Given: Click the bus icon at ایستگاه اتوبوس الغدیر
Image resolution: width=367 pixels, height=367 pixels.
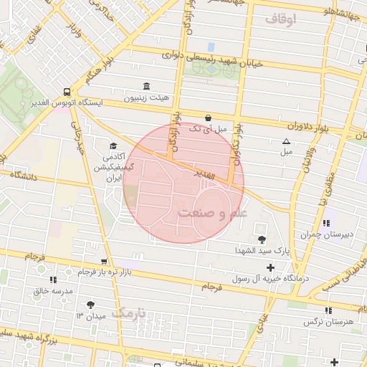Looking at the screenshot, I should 66,92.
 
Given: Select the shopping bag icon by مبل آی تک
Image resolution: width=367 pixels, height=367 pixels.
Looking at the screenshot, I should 208,118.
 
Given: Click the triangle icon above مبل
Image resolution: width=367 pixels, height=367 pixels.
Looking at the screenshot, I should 287,142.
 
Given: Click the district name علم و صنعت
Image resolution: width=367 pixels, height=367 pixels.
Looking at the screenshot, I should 212,213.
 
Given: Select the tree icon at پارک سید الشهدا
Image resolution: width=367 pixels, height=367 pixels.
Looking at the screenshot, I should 259,239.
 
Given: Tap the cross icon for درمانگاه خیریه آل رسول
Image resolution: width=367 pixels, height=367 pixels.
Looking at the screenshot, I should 270,267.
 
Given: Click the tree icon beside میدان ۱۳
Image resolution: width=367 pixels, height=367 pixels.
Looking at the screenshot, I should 90,305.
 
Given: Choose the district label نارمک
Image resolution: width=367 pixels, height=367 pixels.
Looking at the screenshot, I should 129,313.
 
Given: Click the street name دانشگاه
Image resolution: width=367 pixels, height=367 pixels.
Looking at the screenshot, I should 23,174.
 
